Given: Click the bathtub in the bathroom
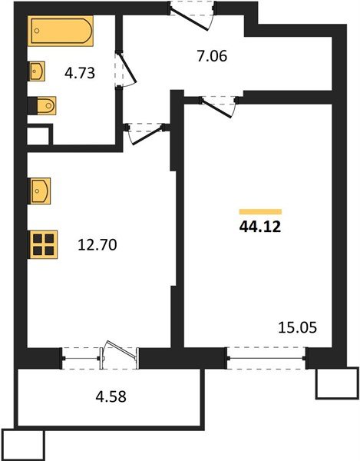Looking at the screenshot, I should (61, 32).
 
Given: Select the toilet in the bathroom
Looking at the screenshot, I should (44, 105).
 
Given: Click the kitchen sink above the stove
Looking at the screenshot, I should (39, 189).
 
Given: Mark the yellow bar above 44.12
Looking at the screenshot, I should (260, 211).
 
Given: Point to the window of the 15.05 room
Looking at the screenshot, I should (266, 358).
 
